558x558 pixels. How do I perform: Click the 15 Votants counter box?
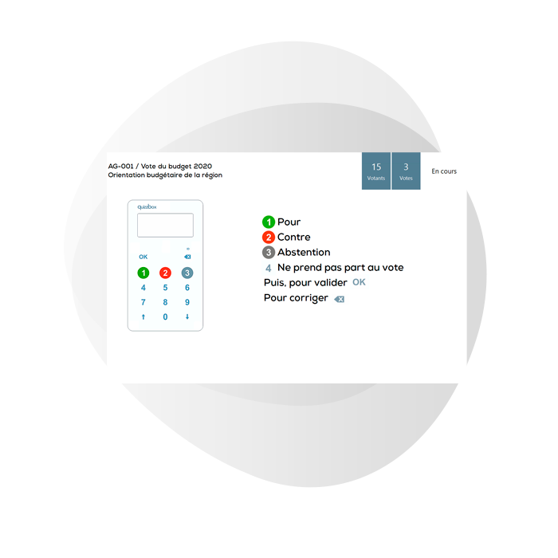(x=376, y=171)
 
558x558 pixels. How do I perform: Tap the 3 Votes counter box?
(x=406, y=171)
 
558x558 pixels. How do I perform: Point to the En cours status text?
(x=444, y=171)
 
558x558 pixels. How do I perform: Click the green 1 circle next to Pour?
(x=269, y=222)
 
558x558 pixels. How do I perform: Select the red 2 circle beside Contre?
(x=269, y=238)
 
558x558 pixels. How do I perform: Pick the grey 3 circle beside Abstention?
(x=269, y=253)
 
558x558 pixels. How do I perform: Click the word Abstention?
(x=304, y=253)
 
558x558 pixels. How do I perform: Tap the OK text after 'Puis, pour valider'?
(x=359, y=282)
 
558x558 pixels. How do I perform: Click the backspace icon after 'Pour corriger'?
(x=340, y=299)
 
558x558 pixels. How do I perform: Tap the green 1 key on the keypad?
(x=143, y=273)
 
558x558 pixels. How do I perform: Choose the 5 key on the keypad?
(x=165, y=288)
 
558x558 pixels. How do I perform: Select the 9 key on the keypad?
(x=187, y=302)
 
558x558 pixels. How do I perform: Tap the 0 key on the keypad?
(x=165, y=316)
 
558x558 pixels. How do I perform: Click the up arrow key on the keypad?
(x=143, y=316)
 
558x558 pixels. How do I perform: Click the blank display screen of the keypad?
(x=166, y=226)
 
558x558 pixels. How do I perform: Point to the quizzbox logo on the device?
(x=147, y=206)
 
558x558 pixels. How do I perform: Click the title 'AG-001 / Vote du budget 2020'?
(x=160, y=166)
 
